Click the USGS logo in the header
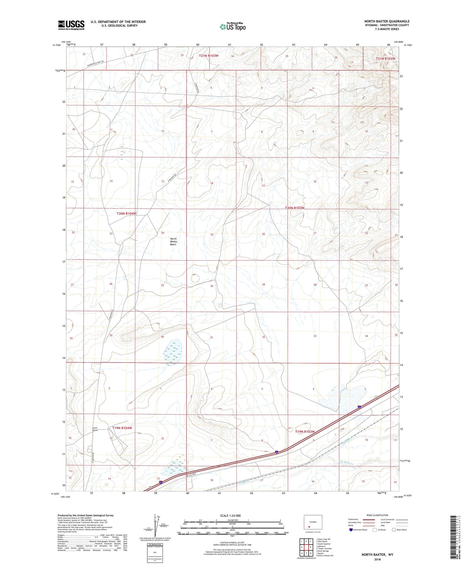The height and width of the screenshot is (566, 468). (71, 25)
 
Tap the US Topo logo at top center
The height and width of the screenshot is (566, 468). (232, 27)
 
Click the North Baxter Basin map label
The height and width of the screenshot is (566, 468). (173, 242)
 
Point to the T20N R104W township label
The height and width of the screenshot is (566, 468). (127, 214)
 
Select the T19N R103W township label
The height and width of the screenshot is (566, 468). (305, 432)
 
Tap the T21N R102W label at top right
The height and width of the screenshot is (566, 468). (385, 59)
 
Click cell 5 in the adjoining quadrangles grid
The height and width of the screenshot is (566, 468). (310, 548)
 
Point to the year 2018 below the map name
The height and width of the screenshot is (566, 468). (377, 559)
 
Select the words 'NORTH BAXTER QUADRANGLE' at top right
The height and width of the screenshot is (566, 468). (387, 21)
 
